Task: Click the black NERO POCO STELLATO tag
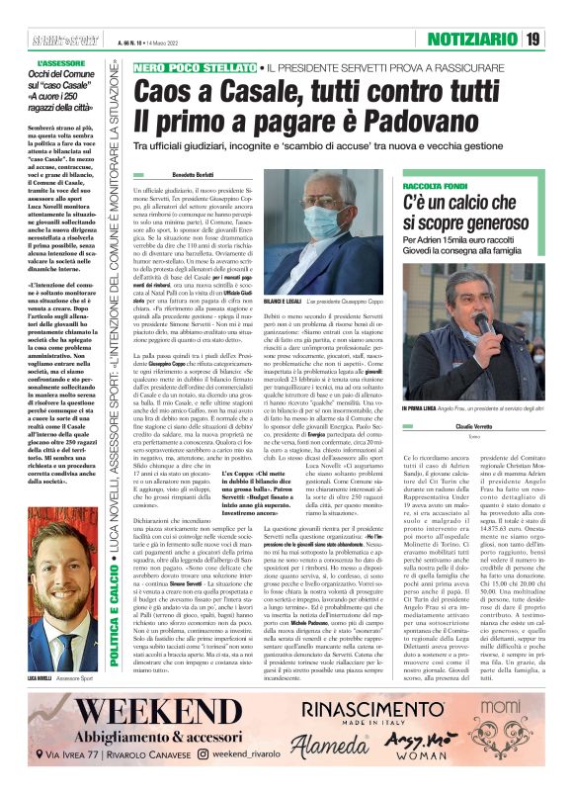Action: tap(194, 66)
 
